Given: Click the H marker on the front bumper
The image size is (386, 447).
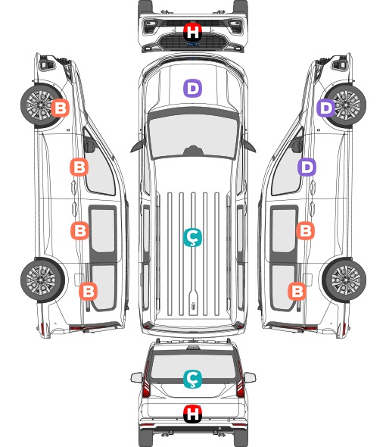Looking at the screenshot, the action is (x=192, y=32).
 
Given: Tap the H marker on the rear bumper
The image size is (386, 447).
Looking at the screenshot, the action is (x=192, y=414).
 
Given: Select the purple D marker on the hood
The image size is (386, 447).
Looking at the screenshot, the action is (x=192, y=88).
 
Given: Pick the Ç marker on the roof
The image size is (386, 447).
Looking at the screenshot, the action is (x=192, y=237).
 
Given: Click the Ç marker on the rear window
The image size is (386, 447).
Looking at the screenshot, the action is (x=192, y=379).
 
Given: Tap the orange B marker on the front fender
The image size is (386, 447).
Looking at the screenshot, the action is (x=60, y=108).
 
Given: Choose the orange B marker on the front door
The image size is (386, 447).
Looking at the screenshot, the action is (x=79, y=167).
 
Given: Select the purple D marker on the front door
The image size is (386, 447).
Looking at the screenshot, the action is (x=307, y=167).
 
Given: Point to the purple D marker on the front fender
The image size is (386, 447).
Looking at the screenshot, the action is (x=326, y=108).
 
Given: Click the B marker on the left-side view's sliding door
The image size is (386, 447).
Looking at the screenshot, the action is (x=79, y=230).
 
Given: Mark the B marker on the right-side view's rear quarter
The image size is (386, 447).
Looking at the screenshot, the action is (x=297, y=292).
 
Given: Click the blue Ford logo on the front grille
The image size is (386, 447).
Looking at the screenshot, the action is (x=192, y=44).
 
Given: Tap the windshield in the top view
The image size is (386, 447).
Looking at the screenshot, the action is (x=193, y=136).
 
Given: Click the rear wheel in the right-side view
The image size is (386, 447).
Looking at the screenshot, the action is (x=344, y=280).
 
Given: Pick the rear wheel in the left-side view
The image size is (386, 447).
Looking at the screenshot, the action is (x=42, y=280).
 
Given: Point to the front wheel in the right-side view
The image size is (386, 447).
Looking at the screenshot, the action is (x=345, y=105).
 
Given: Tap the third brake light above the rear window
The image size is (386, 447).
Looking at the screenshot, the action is (x=193, y=348).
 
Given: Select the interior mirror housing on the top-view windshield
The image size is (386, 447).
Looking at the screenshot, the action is (x=193, y=151).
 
